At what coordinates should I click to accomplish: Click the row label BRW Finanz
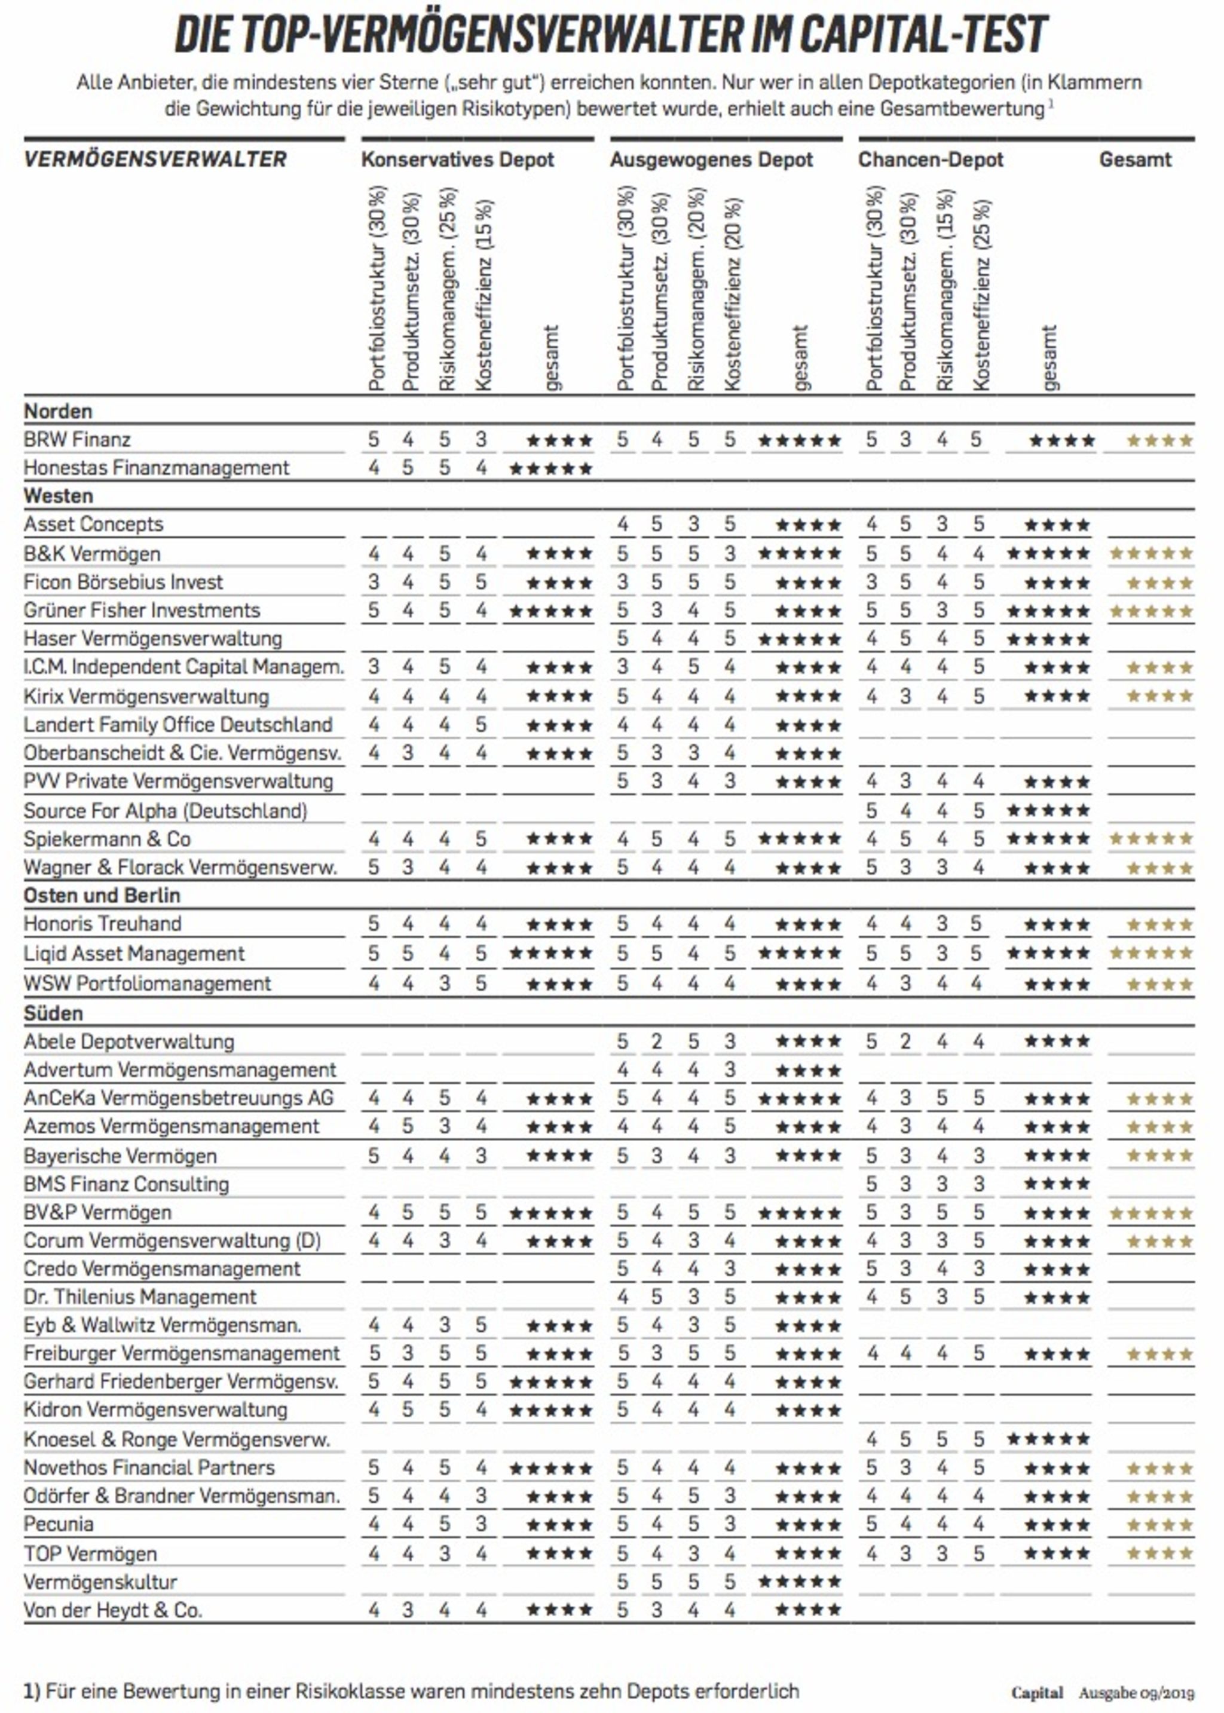77,439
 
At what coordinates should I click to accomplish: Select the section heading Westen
58,496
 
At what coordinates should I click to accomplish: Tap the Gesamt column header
1134,160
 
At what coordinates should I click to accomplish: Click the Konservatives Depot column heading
457,160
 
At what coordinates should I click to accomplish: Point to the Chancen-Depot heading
931,160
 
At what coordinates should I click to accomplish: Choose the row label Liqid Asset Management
134,954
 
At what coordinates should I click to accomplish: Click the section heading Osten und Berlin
102,896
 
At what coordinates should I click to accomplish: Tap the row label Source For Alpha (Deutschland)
165,811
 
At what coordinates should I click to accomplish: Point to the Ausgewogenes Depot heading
711,160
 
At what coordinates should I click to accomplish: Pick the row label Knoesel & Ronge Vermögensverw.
177,1439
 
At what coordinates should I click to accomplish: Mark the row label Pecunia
59,1525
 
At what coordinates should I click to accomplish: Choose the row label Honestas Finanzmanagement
156,468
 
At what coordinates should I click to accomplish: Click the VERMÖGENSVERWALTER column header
155,160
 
